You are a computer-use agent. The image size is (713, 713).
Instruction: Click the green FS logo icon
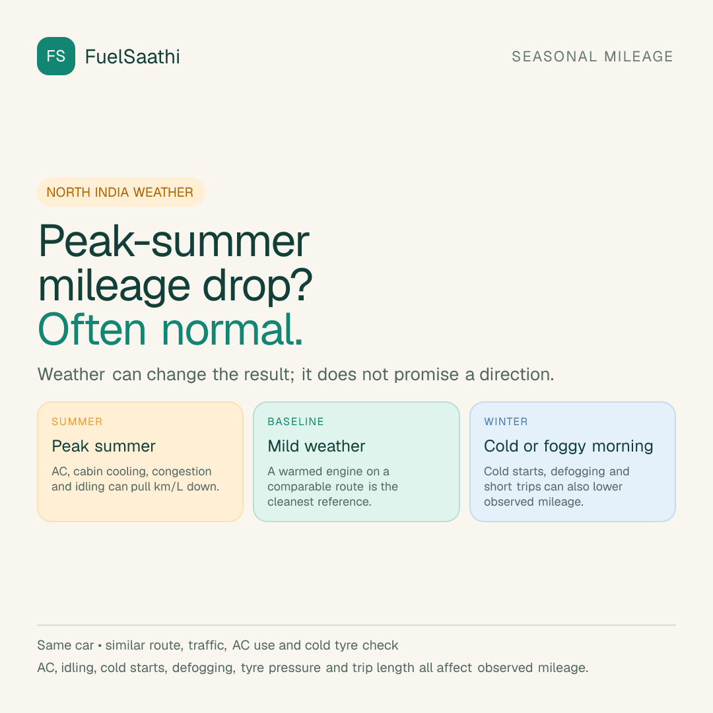[56, 56]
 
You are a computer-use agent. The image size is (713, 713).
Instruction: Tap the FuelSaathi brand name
[132, 57]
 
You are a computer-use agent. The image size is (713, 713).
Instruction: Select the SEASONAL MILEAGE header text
[592, 56]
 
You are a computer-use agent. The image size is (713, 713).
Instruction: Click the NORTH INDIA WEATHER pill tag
[121, 192]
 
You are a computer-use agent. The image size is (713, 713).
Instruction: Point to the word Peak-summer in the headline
[174, 241]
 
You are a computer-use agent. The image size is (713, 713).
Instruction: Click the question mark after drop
[301, 285]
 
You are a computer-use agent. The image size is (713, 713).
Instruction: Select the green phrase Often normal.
[170, 329]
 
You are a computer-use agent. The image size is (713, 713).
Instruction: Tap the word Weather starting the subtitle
[71, 374]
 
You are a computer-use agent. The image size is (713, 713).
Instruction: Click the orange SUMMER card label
[77, 421]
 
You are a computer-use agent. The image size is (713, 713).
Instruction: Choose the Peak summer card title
[104, 446]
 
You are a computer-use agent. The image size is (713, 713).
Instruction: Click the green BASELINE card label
[296, 421]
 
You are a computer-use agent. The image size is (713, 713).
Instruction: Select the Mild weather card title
[316, 446]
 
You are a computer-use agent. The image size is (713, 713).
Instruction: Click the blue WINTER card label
[506, 421]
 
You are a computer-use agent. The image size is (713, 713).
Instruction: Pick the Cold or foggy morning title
[568, 446]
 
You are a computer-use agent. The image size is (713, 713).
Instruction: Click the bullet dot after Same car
[100, 646]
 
